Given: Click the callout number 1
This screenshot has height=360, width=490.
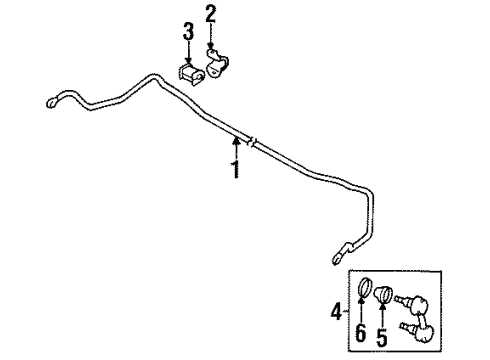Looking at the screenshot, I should pos(235,170).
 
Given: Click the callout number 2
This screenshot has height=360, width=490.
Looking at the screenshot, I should pos(211,15).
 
